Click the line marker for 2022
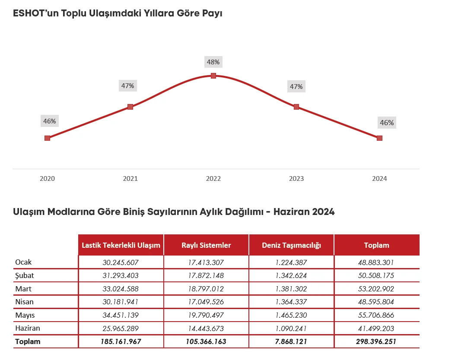pos(213,76)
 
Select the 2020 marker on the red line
pos(48,138)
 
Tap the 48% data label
pos(213,62)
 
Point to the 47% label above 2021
pos(127,86)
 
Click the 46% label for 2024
pos(387,123)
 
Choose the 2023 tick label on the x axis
pos(296,179)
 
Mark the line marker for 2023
pos(296,107)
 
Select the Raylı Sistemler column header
pos(206,245)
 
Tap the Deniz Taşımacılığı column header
pos(292,245)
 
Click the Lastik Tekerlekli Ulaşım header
pos(121,245)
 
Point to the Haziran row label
pos(27,328)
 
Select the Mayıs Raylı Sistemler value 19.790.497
pos(206,315)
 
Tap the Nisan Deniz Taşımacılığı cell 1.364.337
pos(292,302)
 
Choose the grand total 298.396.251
pos(376,341)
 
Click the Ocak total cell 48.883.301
pos(376,262)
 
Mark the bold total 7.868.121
pos(292,341)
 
